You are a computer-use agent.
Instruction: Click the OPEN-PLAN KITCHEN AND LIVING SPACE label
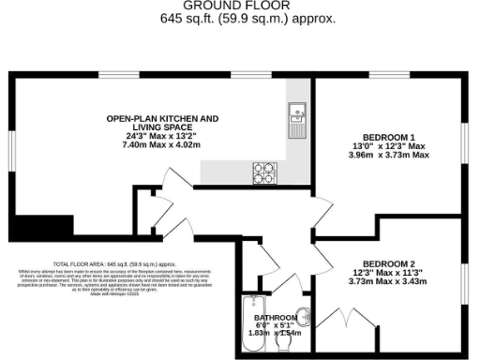coord(162,124)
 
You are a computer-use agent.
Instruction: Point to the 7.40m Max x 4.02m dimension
coord(162,145)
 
